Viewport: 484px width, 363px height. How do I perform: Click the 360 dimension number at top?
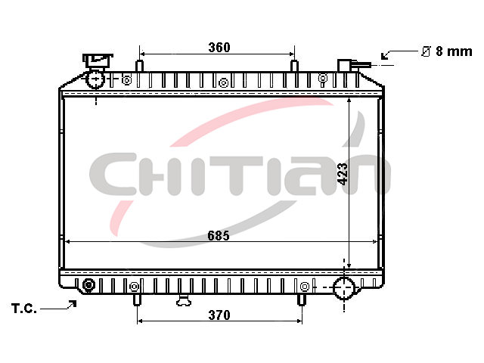click(x=219, y=48)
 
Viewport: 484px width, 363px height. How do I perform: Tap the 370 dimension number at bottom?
click(x=219, y=315)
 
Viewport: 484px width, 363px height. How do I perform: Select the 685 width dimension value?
click(x=219, y=236)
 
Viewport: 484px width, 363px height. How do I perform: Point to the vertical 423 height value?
click(x=343, y=174)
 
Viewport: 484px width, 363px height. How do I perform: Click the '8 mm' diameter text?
click(x=454, y=51)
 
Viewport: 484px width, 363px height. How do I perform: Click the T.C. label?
click(x=24, y=309)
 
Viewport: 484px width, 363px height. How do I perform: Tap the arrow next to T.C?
click(x=58, y=306)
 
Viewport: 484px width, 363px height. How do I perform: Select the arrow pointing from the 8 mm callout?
click(x=400, y=54)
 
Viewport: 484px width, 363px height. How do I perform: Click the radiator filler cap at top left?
click(x=98, y=61)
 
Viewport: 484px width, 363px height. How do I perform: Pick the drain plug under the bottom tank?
click(x=183, y=300)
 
